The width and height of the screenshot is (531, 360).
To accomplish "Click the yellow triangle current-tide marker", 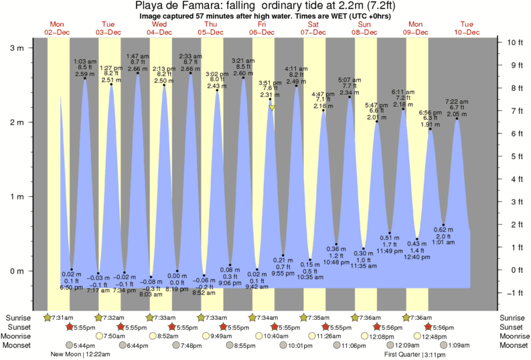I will point(272,107).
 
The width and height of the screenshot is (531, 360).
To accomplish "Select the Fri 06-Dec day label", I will point(262,28).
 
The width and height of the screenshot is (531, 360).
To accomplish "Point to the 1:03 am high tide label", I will point(84,67).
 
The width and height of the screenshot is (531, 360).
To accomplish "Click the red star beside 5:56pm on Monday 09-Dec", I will point(429,327).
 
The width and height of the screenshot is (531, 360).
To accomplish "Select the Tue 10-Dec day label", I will point(467,28).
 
